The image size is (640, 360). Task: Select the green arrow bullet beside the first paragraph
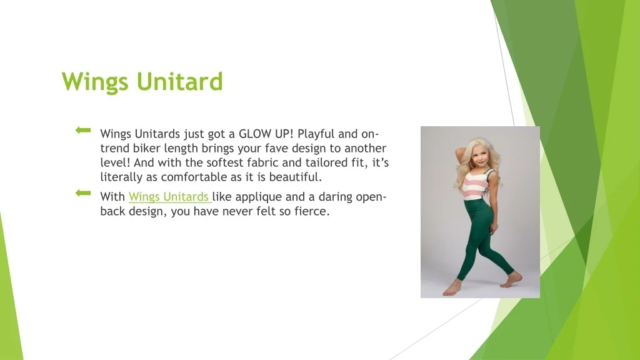point(83,130)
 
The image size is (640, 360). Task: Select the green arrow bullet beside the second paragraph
point(83,193)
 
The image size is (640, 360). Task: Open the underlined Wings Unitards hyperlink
point(169,197)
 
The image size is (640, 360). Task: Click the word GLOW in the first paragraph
point(255,134)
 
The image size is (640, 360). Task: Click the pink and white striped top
point(476,185)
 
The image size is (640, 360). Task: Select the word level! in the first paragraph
point(115,162)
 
